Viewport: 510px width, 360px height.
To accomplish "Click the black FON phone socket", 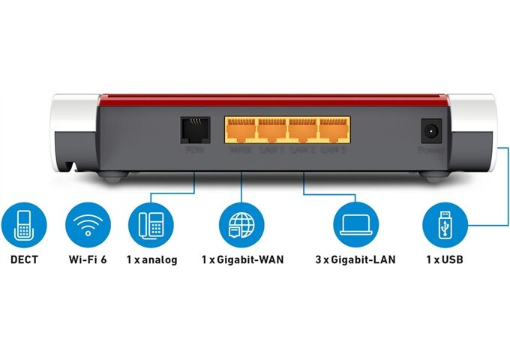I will pyautogui.click(x=194, y=130).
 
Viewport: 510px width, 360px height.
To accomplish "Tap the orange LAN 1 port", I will pyautogui.click(x=271, y=130).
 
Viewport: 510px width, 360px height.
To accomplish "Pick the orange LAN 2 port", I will pyautogui.click(x=302, y=130).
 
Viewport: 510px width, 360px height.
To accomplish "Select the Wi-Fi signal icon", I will pyautogui.click(x=88, y=223).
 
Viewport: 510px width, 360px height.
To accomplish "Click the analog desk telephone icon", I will pyautogui.click(x=151, y=223).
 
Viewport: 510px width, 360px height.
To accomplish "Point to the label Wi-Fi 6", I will pyautogui.click(x=88, y=260).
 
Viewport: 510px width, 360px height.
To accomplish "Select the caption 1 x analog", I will pyautogui.click(x=151, y=260).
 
